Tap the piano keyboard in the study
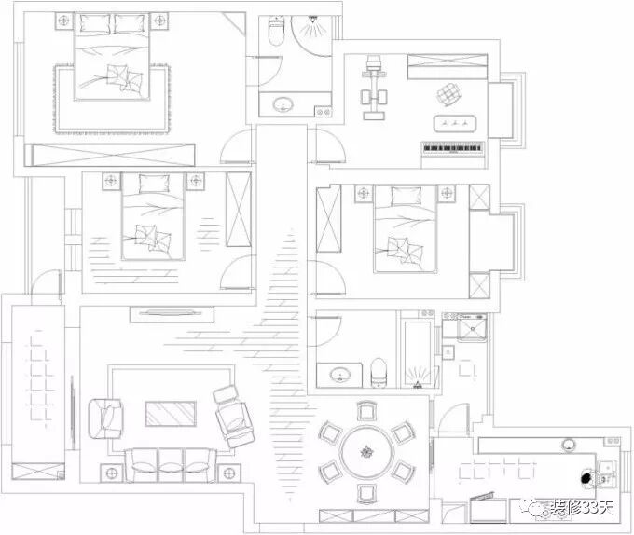(x=455, y=148)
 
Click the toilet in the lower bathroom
(x=379, y=373)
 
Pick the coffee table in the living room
(x=171, y=417)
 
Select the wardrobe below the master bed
(x=110, y=155)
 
